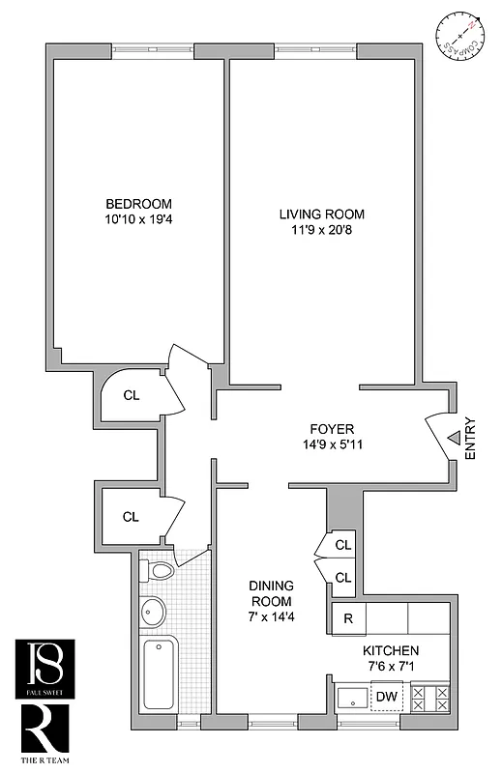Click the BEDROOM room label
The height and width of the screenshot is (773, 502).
(x=138, y=204)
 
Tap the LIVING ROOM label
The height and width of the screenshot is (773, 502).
(x=322, y=214)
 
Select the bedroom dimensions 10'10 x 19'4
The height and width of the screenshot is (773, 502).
(x=138, y=221)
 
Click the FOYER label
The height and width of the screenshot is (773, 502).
(x=332, y=429)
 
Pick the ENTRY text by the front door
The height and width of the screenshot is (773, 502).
(x=470, y=438)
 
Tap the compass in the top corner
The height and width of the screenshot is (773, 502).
(x=458, y=35)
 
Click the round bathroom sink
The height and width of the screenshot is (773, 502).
(x=153, y=611)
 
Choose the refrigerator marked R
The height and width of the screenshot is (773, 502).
(x=348, y=617)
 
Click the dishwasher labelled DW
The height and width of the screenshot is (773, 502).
(x=385, y=696)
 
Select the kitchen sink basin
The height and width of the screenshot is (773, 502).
(x=349, y=697)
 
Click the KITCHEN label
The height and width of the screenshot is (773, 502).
(x=391, y=650)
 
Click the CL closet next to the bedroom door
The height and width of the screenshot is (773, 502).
(x=133, y=395)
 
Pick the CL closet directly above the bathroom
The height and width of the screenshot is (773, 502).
(x=132, y=516)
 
